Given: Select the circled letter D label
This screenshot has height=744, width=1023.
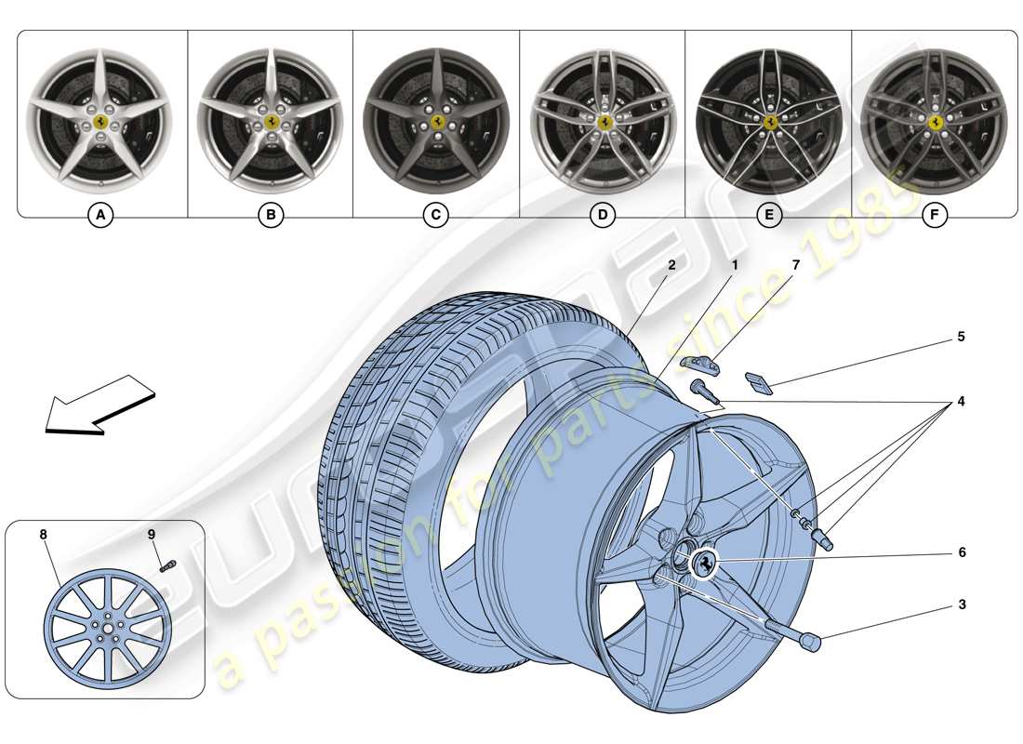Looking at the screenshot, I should tap(602, 216).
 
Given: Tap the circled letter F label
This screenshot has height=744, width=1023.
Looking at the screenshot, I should tap(935, 216).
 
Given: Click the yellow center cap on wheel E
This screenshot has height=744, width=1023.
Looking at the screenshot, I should tap(770, 122).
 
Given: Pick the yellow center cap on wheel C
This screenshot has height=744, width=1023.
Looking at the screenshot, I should tap(435, 122).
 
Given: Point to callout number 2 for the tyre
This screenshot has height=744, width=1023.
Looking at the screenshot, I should tap(671, 265).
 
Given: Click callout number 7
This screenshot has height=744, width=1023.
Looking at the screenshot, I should tap(796, 265).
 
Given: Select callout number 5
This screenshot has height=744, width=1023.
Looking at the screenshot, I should tap(962, 337).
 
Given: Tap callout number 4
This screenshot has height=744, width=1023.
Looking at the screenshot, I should tap(962, 402).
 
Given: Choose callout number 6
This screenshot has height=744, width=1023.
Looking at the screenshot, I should tap(962, 552).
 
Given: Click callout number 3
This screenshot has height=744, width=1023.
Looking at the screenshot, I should tap(962, 604).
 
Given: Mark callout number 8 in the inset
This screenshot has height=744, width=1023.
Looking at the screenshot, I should tap(43, 535).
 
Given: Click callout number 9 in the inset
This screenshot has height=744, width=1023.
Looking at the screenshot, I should tap(152, 535).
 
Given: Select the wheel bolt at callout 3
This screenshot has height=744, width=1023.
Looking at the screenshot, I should tap(807, 641).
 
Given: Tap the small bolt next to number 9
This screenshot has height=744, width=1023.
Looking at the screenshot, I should tap(166, 565).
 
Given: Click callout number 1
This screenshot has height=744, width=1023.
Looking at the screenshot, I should tap(734, 265).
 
